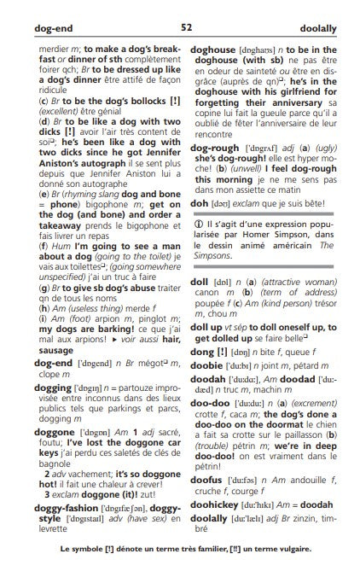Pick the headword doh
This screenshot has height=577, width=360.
(x=199, y=202)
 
